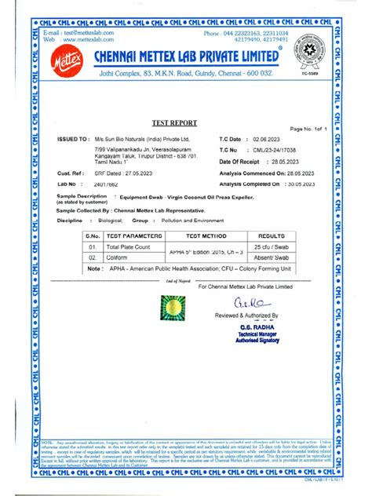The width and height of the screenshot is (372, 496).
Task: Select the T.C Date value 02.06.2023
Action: coord(268,138)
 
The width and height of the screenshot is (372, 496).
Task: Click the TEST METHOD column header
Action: coord(200,235)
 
